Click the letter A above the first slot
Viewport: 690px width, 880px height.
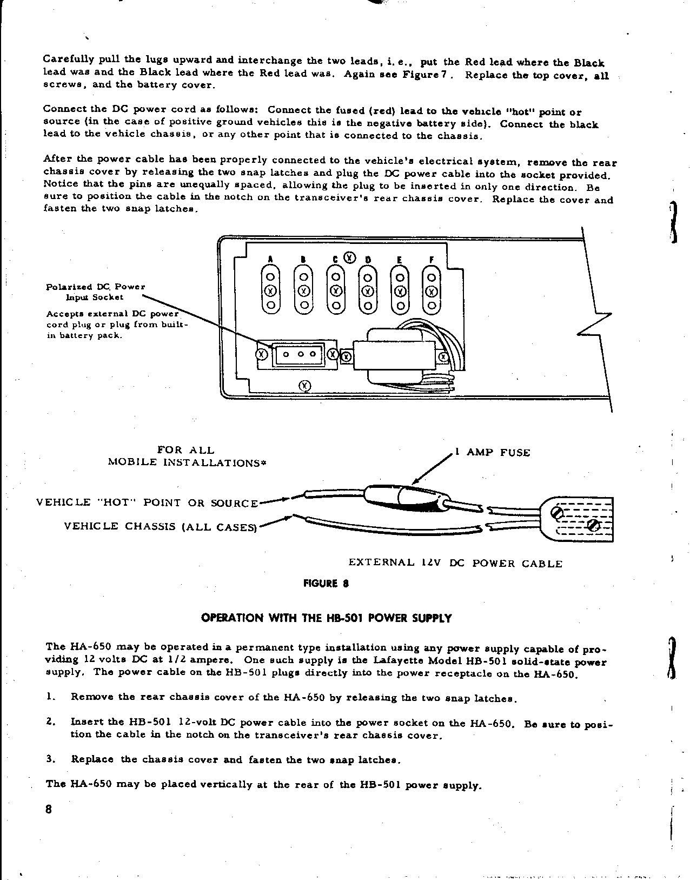click(x=270, y=259)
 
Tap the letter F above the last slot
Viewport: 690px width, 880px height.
click(x=431, y=259)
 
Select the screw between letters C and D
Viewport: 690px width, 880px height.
click(x=350, y=257)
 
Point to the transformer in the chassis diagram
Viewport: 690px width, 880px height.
click(x=395, y=355)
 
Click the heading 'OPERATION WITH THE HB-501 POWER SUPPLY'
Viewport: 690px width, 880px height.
click(x=326, y=618)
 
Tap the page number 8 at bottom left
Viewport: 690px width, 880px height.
click(x=48, y=810)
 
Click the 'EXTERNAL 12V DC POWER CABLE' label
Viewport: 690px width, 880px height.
click(x=455, y=564)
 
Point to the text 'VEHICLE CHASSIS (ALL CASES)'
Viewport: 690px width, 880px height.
click(x=160, y=526)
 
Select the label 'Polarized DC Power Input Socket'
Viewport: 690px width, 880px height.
click(x=96, y=292)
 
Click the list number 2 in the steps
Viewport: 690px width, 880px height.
click(x=50, y=722)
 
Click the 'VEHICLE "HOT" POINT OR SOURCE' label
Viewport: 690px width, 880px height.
click(x=147, y=502)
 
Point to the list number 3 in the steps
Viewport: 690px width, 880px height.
click(x=50, y=759)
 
